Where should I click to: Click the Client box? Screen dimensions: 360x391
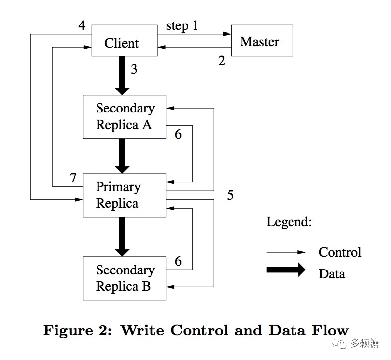pos(122,43)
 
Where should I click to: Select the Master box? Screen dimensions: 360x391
pos(262,42)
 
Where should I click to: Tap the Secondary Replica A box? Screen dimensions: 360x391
pos(124,116)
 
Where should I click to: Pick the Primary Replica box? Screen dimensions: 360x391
pos(124,195)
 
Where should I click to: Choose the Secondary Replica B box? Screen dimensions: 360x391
pos(124,278)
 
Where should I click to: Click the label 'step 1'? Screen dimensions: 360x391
pos(182,26)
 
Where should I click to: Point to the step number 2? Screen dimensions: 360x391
pos(222,61)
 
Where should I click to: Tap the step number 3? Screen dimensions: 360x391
pos(134,69)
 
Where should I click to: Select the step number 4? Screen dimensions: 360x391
pos(82,25)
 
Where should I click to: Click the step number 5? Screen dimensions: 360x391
pos(230,195)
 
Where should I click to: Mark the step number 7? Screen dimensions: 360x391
pos(73,178)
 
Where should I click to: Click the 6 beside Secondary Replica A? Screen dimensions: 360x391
pos(178,134)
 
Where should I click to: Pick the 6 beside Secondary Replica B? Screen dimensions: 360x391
pos(178,261)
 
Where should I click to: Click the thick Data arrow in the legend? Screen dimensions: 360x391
pos(286,270)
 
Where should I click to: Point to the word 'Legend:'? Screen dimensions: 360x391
pos(289,222)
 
